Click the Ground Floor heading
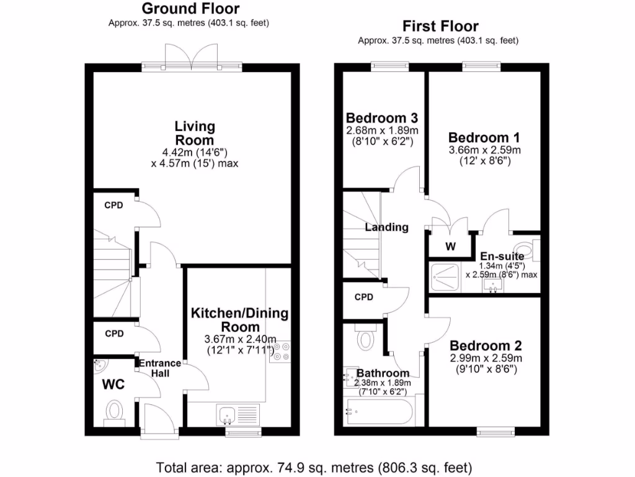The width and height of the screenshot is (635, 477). pos(190,9)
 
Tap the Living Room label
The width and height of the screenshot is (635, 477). pos(194,133)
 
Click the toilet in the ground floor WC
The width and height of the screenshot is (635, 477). pos(114,411)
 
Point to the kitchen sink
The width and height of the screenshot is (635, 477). pos(226,412)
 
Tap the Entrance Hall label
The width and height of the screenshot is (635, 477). pos(159,368)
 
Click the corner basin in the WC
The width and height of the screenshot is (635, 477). pos(99,364)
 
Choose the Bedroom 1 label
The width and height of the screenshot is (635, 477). pos(484,137)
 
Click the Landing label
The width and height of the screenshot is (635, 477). pos(386,227)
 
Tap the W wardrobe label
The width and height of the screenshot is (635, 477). pos(450,247)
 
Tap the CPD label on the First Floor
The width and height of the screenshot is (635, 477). pos(364,298)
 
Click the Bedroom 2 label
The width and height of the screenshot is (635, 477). pos(486,346)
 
